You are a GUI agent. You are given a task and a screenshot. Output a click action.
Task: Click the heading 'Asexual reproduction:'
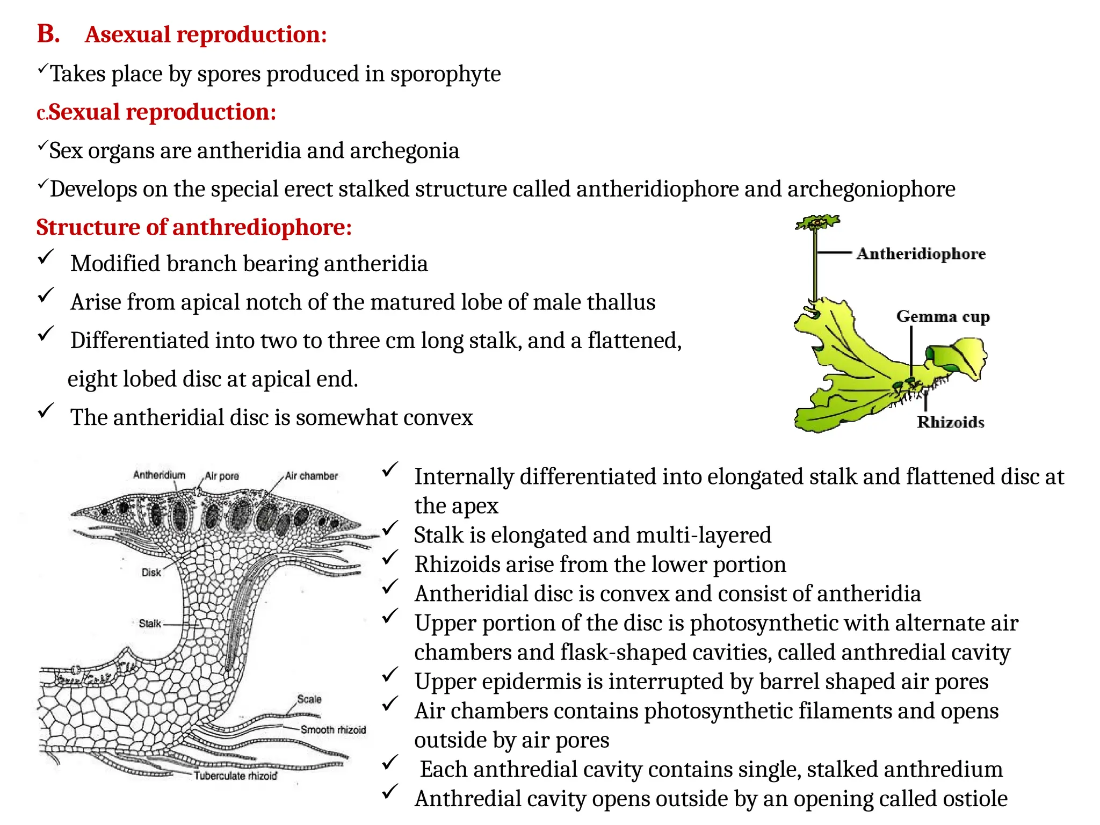point(206,35)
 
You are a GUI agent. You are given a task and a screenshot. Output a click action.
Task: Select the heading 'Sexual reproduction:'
point(162,112)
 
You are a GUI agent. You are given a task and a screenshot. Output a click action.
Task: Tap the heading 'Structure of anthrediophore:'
point(194,227)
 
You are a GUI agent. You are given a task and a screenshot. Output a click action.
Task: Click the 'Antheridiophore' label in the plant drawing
point(921,254)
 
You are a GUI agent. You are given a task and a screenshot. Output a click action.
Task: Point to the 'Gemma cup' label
point(943,316)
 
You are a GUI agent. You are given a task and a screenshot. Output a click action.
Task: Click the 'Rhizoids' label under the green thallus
point(950,422)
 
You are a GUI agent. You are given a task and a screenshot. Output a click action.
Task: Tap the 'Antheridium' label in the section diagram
point(159,475)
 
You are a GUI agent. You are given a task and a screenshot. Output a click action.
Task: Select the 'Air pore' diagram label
point(222,476)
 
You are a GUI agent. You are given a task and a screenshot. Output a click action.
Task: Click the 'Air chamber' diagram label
point(312,476)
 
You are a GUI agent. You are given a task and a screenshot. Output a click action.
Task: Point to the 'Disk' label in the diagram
point(151,573)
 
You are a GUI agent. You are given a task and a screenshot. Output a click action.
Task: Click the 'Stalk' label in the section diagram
point(150,624)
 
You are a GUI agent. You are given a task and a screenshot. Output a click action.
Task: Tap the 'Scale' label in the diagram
point(309,699)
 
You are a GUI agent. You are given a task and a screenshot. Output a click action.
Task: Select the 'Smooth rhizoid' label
point(333,729)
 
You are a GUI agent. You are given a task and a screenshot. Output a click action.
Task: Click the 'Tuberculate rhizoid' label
point(235,776)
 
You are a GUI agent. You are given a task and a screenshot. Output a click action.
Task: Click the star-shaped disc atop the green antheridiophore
point(817,222)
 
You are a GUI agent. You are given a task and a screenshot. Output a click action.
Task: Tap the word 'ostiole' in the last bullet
point(975,799)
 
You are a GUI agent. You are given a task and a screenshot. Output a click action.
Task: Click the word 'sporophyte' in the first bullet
point(445,74)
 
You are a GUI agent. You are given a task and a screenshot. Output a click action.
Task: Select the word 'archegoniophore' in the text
point(871,189)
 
